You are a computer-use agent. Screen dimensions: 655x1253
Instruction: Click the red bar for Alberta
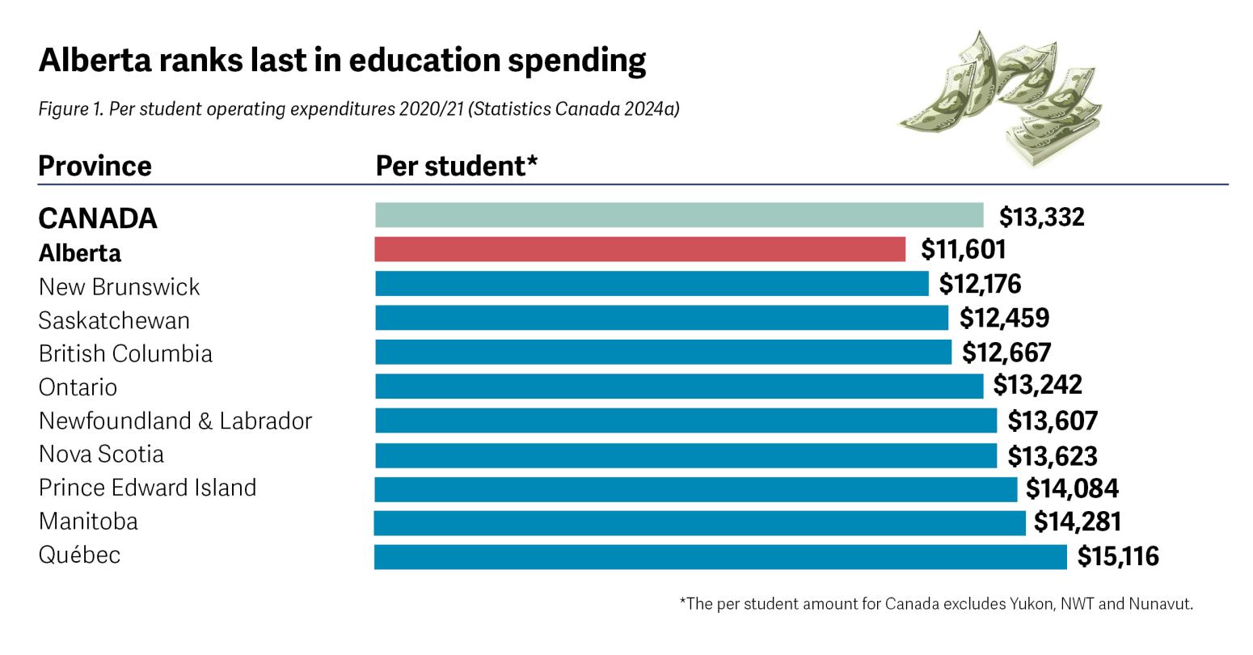(x=639, y=250)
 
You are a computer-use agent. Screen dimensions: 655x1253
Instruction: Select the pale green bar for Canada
(x=679, y=215)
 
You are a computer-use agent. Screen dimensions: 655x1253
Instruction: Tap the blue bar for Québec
(x=719, y=556)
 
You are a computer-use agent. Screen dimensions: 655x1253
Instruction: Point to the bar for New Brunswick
(x=652, y=284)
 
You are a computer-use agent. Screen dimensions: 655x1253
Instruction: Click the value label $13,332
(x=1041, y=217)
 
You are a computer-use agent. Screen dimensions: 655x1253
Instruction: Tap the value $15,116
(x=1118, y=556)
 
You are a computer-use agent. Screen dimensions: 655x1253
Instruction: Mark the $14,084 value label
(x=1072, y=488)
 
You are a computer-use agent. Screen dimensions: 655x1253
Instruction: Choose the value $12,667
(x=1006, y=353)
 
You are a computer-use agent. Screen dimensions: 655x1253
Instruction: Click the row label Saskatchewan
(x=114, y=320)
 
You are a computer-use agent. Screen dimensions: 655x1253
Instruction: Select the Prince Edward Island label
(x=147, y=488)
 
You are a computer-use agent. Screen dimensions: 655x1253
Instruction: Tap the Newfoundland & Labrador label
(x=175, y=420)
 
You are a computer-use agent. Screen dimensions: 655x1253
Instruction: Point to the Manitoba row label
(x=88, y=522)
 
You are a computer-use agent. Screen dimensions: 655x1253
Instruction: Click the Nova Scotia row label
(x=101, y=454)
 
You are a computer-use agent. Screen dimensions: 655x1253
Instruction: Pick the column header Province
(x=95, y=166)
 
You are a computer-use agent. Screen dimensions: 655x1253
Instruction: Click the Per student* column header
(x=457, y=166)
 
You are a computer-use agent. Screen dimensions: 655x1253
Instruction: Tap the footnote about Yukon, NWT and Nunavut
(x=936, y=604)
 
